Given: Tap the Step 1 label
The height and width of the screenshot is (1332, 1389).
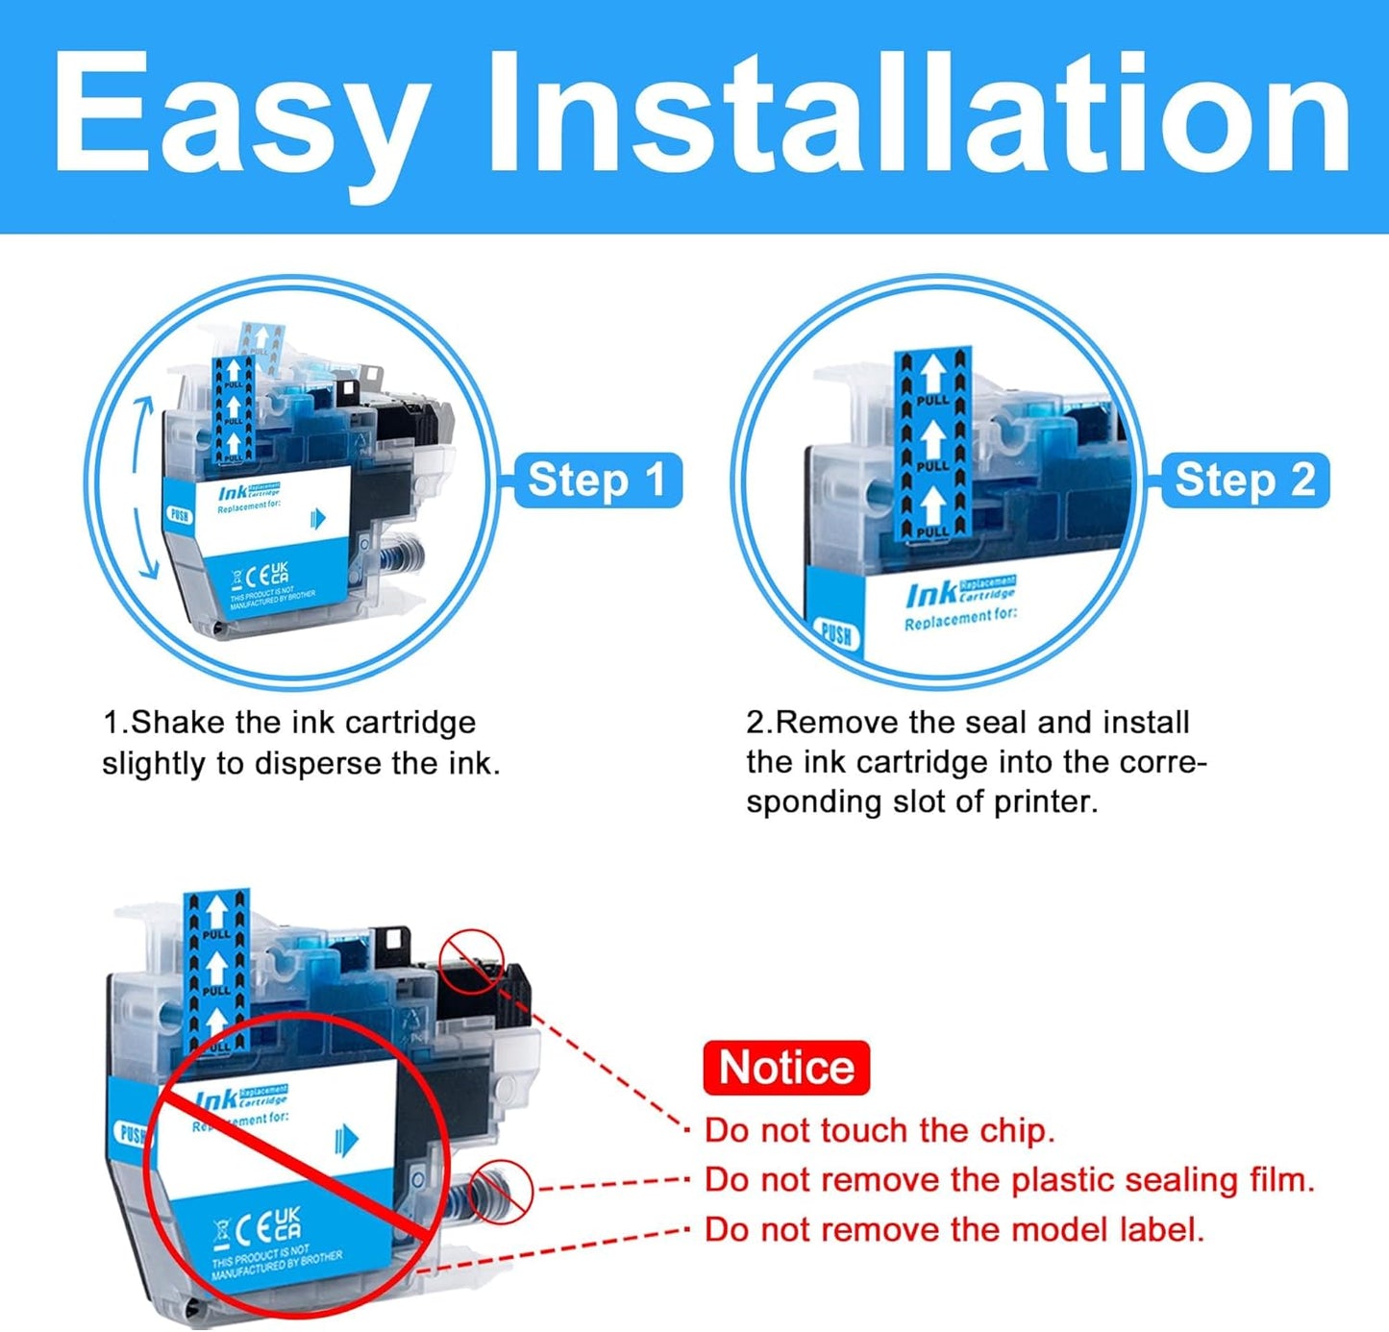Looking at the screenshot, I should click(597, 480).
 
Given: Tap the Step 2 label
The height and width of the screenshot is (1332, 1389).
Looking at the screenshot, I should click(1244, 480).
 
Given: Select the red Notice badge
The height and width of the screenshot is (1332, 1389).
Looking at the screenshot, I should click(786, 1068).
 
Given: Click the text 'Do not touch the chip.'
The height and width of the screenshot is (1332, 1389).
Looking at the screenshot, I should click(880, 1130).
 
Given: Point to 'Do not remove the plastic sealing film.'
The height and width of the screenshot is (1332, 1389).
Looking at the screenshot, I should click(1009, 1179).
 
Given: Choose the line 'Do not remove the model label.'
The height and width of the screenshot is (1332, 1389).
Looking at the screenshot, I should click(955, 1229).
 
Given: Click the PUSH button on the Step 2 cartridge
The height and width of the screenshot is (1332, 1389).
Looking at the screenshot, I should click(835, 635).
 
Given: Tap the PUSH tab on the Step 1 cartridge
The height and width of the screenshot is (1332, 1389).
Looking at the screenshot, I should click(180, 515).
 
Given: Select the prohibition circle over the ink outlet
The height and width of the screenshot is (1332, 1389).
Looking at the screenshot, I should click(501, 1191).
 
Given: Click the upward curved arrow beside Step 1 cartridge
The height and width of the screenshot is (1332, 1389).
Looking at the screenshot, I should click(142, 432).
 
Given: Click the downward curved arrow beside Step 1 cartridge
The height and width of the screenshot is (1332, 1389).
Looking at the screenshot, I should click(144, 548).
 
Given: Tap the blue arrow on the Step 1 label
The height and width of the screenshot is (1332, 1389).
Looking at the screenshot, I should click(318, 519).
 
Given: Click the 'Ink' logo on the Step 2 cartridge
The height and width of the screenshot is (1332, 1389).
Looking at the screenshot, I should click(930, 596).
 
